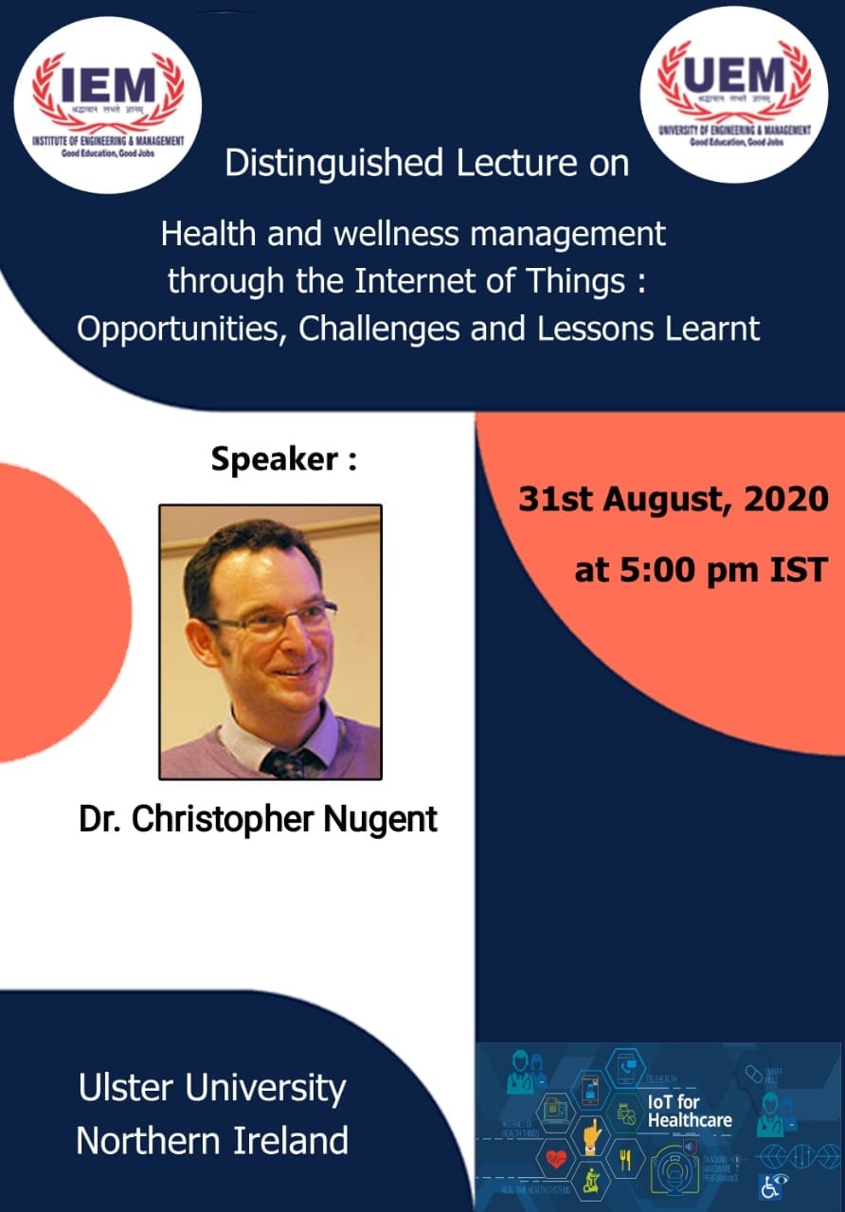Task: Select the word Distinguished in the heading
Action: point(333,163)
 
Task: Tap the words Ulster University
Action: point(212,1089)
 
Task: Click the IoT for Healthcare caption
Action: point(689,1112)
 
